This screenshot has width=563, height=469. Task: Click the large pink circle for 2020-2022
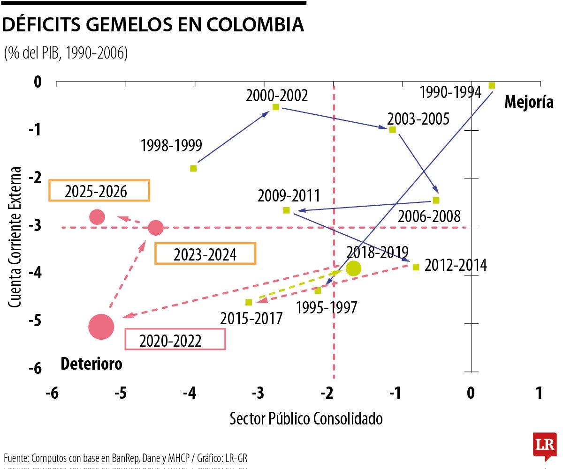pyautogui.click(x=101, y=326)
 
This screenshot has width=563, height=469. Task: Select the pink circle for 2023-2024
pyautogui.click(x=156, y=228)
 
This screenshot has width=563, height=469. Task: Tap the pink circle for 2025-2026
pyautogui.click(x=97, y=217)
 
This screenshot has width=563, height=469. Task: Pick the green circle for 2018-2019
pyautogui.click(x=353, y=268)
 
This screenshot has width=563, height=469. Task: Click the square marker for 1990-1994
pyautogui.click(x=492, y=85)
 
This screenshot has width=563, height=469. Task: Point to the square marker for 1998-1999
pyautogui.click(x=193, y=168)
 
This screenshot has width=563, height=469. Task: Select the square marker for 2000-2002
pyautogui.click(x=276, y=107)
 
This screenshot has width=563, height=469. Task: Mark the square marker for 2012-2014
pyautogui.click(x=416, y=267)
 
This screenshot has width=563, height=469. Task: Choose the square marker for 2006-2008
pyautogui.click(x=436, y=201)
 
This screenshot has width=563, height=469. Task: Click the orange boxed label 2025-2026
pyautogui.click(x=99, y=191)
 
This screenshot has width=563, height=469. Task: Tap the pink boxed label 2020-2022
pyautogui.click(x=175, y=339)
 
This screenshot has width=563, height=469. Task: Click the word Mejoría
pyautogui.click(x=529, y=102)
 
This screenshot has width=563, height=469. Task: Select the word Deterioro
pyautogui.click(x=91, y=364)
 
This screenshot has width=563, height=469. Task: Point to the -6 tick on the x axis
pyautogui.click(x=52, y=393)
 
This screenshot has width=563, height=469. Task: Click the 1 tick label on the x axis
pyautogui.click(x=539, y=393)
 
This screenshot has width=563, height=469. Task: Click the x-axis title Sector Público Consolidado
pyautogui.click(x=306, y=418)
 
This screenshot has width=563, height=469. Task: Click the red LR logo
pyautogui.click(x=544, y=446)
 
